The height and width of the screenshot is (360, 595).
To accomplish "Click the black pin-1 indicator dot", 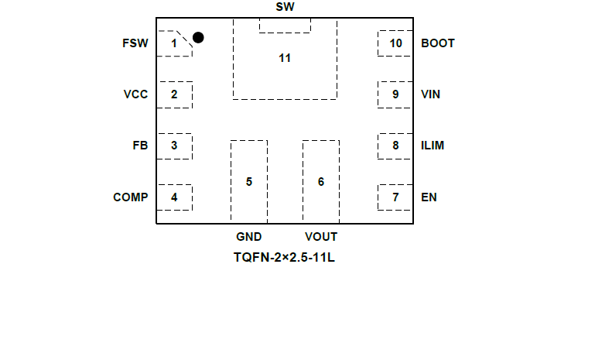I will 198,37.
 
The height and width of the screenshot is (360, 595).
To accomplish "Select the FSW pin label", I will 135,43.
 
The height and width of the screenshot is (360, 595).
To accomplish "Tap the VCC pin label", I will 135,94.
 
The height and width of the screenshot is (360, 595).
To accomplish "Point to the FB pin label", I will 140,146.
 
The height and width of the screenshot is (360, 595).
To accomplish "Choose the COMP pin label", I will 130,197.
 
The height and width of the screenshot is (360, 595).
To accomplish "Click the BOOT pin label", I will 438,43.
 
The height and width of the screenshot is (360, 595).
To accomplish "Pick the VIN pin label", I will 431,94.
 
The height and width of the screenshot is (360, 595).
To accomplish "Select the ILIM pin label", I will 433,146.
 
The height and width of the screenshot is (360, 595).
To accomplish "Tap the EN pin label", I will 429,197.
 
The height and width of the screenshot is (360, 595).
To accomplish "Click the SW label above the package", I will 285,7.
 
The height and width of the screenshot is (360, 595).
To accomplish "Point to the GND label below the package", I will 248,237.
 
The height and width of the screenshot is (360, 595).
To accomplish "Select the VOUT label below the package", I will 320,237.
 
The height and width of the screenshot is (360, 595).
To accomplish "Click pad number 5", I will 248,182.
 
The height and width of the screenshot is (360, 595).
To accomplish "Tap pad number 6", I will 320,182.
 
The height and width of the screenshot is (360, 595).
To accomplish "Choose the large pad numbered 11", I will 285,59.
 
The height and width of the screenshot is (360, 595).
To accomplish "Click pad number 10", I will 395,43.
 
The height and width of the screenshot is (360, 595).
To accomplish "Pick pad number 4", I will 174,197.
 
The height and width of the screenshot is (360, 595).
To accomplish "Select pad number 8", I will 395,146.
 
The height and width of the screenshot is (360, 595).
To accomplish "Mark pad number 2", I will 174,94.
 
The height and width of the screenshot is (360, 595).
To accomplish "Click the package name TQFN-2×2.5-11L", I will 284,257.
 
